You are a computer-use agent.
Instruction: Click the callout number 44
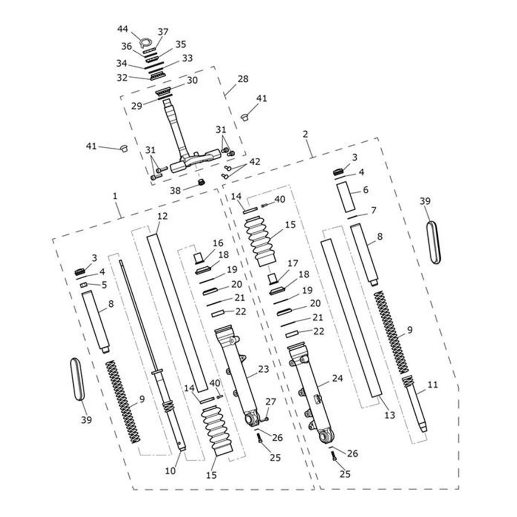pyautogui.click(x=123, y=29)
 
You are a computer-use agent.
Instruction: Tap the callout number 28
pyautogui.click(x=243, y=80)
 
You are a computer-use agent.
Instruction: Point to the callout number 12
pyautogui.click(x=162, y=217)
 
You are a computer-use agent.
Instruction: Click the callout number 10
pyautogui.click(x=170, y=471)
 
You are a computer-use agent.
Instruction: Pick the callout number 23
pyautogui.click(x=264, y=369)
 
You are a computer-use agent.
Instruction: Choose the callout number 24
pyautogui.click(x=337, y=379)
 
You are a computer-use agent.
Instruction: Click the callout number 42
pyautogui.click(x=255, y=162)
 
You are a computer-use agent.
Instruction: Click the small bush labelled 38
pyautogui.click(x=200, y=183)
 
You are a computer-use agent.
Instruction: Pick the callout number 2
pyautogui.click(x=305, y=134)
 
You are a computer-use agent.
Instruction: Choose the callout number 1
pyautogui.click(x=115, y=196)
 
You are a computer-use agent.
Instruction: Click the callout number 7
pyautogui.click(x=373, y=210)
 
